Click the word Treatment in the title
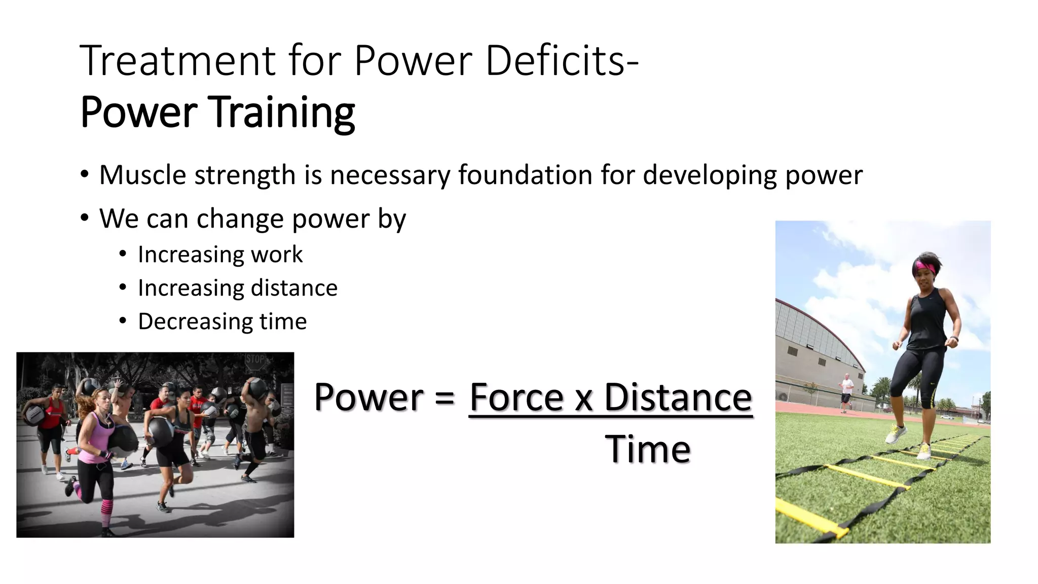click(x=177, y=61)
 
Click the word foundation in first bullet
click(x=525, y=175)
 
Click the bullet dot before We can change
click(x=85, y=218)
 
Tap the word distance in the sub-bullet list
click(x=294, y=288)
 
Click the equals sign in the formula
click(x=444, y=397)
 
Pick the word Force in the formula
click(x=516, y=397)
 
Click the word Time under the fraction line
click(x=647, y=449)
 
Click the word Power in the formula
click(x=368, y=397)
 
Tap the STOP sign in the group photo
click(x=255, y=360)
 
